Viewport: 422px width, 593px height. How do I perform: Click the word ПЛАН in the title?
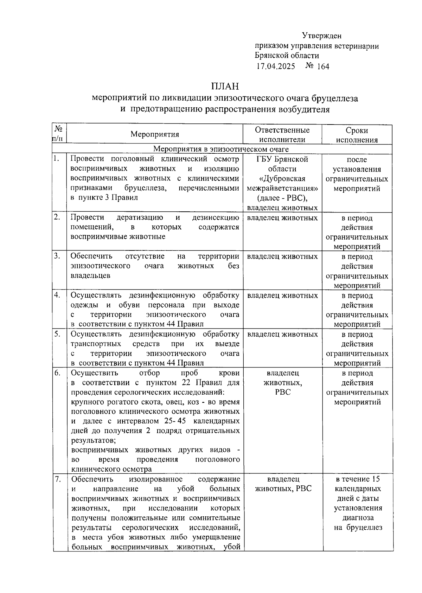225,86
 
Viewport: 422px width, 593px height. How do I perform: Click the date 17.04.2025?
276,66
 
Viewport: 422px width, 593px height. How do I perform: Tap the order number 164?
323,66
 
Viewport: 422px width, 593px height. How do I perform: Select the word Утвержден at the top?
321,36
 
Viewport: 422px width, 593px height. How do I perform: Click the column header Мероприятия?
155,134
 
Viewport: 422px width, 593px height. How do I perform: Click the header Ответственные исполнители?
282,135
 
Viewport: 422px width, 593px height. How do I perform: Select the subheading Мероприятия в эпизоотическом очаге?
221,149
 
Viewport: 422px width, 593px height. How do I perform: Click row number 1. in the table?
56,159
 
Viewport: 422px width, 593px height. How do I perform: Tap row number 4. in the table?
57,295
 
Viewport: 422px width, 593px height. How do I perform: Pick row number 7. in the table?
58,479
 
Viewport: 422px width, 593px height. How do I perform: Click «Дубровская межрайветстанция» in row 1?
282,183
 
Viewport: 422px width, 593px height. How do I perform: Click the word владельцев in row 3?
90,275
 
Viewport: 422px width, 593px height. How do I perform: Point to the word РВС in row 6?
283,392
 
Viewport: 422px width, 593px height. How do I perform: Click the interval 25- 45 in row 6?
175,421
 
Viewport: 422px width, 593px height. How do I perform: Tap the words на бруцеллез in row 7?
358,527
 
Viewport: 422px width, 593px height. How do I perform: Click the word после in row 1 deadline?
357,159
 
